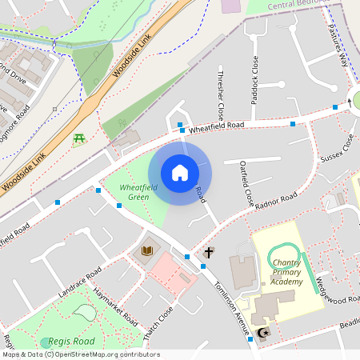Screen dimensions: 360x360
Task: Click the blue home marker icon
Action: pos(180,172)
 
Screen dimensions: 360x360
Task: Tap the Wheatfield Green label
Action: pos(134,192)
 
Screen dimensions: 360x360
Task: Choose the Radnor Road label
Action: pos(278,199)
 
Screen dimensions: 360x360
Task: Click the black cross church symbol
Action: pos(209,253)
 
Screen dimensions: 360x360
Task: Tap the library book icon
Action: pos(147,252)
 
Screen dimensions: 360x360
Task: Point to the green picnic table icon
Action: pos(79,139)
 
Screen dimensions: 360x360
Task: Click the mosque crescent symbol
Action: pos(266,331)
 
